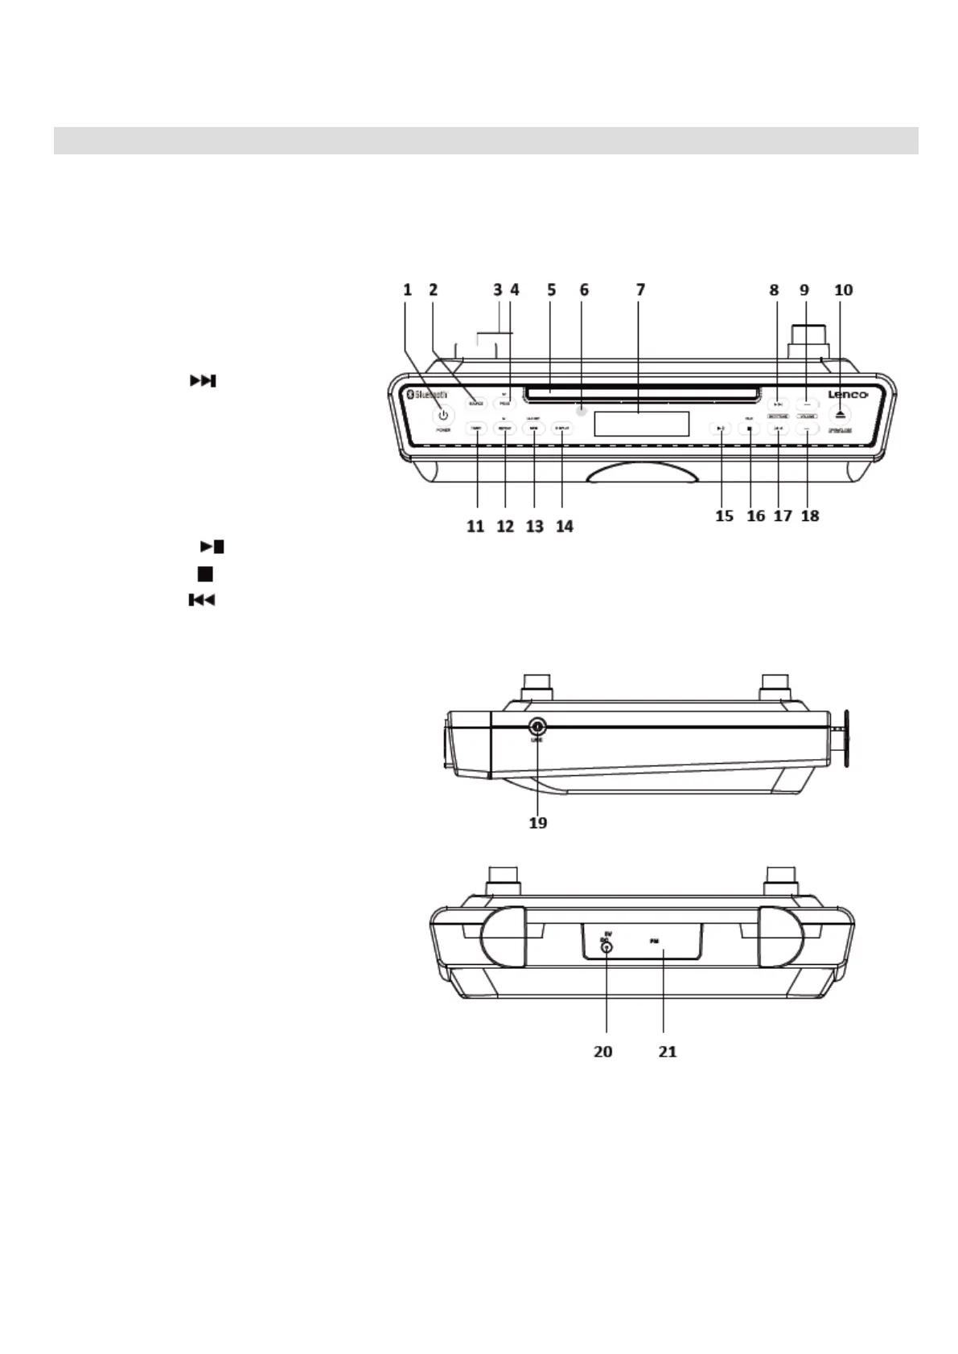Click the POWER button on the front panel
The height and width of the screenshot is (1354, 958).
click(442, 416)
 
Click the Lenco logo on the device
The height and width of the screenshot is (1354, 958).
click(848, 395)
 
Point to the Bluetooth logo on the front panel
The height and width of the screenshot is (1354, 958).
click(427, 394)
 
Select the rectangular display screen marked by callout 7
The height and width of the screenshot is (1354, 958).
click(641, 424)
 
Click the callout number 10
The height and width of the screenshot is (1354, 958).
click(843, 290)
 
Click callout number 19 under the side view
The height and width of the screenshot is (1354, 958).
click(538, 823)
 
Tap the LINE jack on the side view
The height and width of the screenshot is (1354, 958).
click(537, 728)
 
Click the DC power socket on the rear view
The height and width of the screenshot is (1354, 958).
click(606, 947)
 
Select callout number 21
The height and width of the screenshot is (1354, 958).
click(668, 1051)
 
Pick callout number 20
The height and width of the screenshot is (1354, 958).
click(603, 1051)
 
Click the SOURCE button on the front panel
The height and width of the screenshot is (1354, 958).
click(477, 403)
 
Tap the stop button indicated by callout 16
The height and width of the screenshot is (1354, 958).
click(750, 429)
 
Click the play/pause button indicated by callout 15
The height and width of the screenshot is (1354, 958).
click(721, 429)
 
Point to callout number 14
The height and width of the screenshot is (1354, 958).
click(565, 527)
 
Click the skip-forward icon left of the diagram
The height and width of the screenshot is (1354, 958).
click(203, 381)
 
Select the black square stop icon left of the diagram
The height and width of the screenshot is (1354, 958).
click(205, 574)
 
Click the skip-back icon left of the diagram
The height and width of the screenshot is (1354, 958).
click(202, 600)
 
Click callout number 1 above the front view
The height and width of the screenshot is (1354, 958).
click(408, 290)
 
